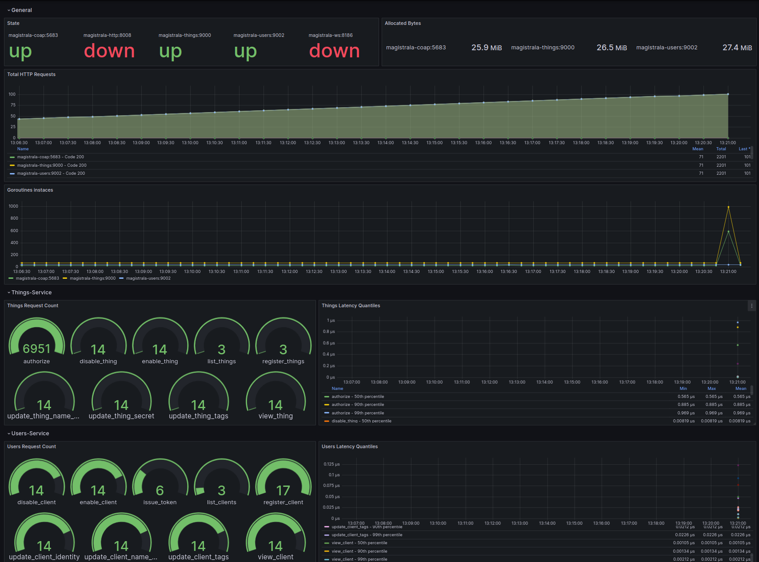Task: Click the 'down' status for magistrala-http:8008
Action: pos(109,51)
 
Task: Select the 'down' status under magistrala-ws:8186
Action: pos(334,51)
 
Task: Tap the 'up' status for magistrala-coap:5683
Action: pos(20,51)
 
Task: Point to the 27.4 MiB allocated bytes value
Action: pos(737,48)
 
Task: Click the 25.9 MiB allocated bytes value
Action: pos(486,48)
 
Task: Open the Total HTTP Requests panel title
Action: pos(32,75)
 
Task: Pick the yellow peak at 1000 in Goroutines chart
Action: pos(728,207)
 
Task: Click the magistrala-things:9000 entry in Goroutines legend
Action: pos(92,278)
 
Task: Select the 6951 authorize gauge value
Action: pos(36,349)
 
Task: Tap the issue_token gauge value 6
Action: pos(160,490)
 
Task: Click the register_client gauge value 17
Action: pos(283,490)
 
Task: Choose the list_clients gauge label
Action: pos(221,502)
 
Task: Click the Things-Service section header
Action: pos(32,293)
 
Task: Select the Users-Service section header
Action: pos(30,434)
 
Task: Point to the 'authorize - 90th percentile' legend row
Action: pos(358,405)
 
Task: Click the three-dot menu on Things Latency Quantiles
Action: pos(751,306)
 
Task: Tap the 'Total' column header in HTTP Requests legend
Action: pos(721,149)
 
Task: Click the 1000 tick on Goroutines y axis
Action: pos(13,206)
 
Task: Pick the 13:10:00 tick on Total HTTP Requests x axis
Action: pos(190,143)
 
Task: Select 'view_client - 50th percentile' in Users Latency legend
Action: pos(360,543)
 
